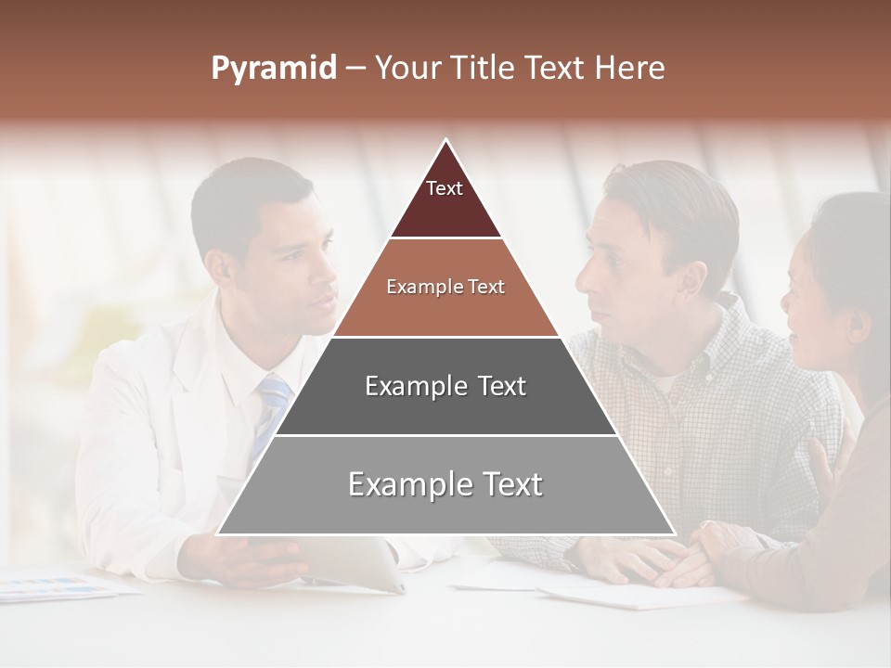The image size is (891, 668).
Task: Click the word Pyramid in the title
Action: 273,69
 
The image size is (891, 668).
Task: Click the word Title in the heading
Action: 486,68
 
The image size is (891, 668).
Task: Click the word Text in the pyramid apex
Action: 445,188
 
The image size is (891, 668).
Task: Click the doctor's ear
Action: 222,268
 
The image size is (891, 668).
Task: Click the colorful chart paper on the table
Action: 56,585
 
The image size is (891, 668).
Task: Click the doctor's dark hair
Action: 246,190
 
